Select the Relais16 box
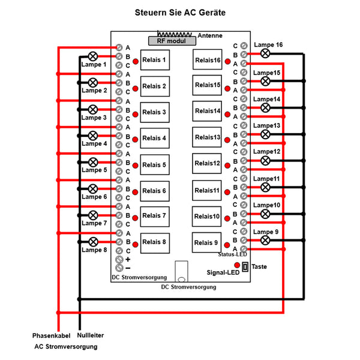pos(208,60)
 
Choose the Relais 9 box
pos(208,242)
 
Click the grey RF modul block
pos(172,40)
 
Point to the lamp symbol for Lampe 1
pos(93,56)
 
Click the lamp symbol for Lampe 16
pos(265,53)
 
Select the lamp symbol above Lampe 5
pos(93,162)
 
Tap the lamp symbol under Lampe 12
pos(265,161)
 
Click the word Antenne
pos(209,35)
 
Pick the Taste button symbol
pos(245,266)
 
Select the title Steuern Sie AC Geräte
pos(179,11)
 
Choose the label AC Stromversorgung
pos(65,347)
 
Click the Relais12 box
pos(208,164)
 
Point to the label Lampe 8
pos(94,250)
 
